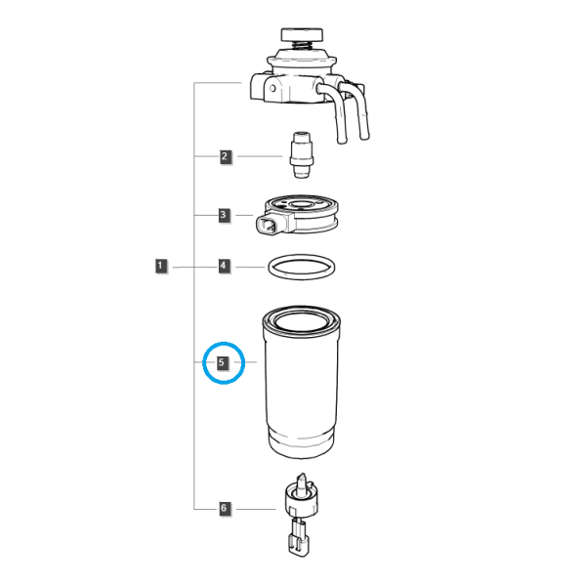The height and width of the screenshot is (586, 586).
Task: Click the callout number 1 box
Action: [161, 266]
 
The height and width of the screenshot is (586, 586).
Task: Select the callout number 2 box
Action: [225, 156]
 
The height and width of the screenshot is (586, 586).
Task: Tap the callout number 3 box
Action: [224, 215]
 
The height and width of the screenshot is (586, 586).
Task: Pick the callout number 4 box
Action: [224, 266]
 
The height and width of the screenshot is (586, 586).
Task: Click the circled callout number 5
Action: [223, 363]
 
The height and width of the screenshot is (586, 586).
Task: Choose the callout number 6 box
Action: [225, 508]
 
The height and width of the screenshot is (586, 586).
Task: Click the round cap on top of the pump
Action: [302, 34]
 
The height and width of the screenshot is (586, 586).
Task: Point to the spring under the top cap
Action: [302, 45]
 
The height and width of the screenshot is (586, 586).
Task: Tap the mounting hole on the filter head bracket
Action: [272, 89]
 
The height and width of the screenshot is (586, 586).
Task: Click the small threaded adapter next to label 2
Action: [302, 154]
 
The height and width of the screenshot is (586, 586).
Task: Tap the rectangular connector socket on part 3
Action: [267, 226]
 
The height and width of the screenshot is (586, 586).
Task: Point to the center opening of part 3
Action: [301, 204]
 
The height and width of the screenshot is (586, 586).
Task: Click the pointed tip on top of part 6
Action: [301, 480]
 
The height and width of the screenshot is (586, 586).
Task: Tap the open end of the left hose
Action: [342, 141]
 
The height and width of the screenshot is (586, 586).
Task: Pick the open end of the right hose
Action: [364, 137]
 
